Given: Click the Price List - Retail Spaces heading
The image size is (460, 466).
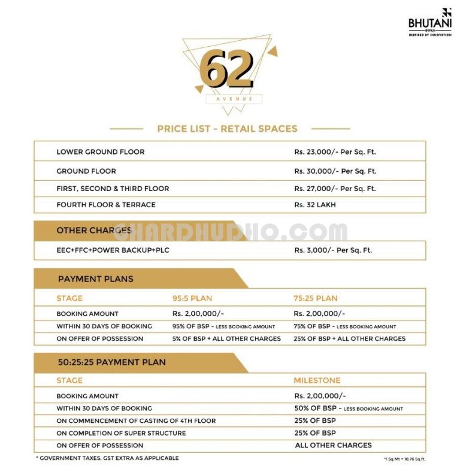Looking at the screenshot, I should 227,128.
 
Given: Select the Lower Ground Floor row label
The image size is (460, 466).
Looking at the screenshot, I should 101,152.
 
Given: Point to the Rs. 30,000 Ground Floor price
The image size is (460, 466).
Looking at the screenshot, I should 335,171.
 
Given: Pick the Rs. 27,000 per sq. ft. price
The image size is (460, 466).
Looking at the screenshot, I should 335,189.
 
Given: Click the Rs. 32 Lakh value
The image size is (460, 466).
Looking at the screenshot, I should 315,205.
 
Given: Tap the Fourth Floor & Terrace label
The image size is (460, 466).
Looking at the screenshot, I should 106,205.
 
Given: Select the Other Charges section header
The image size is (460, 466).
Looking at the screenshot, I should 94,231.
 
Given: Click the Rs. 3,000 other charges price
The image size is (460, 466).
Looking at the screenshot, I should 333,250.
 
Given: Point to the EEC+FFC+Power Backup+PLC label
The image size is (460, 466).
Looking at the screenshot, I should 113,250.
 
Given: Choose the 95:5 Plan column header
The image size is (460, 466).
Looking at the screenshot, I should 192,298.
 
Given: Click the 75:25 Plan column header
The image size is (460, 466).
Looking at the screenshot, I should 316,298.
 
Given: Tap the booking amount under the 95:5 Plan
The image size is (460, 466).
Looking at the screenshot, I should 198,314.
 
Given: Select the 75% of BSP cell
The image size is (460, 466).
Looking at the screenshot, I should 344,326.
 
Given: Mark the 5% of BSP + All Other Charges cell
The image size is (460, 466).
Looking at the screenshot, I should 226,339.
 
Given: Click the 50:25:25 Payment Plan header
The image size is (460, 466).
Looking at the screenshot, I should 111,362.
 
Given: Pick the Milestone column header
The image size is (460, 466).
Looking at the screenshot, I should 317,380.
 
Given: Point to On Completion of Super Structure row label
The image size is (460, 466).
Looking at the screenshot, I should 121,433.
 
